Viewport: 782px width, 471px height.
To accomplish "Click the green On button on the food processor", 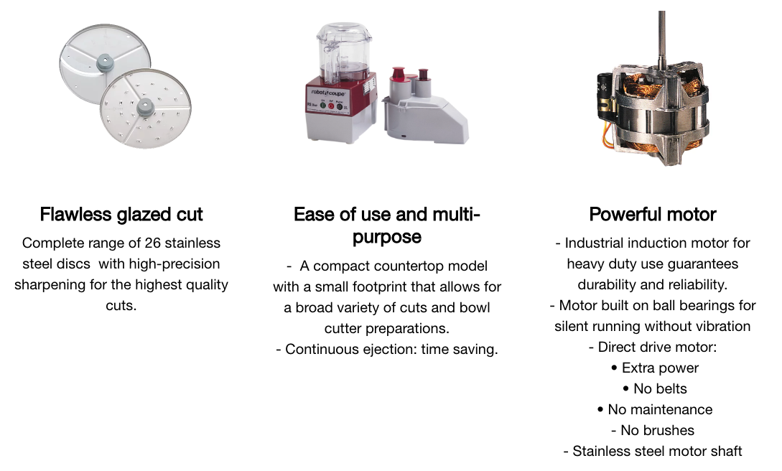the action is [322, 106].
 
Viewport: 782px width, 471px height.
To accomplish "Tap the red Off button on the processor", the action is [330, 106].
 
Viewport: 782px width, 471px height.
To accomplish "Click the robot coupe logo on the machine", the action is [327, 93].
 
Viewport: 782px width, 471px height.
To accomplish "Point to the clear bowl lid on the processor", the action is [344, 32].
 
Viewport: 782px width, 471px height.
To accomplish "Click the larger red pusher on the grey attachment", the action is [399, 73].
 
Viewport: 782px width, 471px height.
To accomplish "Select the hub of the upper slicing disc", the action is [105, 62].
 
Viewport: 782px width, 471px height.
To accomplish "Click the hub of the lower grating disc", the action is [144, 107].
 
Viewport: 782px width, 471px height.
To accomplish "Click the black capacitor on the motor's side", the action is [604, 97].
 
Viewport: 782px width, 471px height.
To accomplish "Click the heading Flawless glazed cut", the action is [121, 214].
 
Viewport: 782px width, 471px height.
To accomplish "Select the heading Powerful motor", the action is [652, 214].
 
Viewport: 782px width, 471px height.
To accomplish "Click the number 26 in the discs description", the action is [153, 243].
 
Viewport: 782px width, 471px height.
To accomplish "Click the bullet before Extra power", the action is [614, 368].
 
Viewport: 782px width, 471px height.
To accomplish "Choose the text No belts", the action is [660, 388].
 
